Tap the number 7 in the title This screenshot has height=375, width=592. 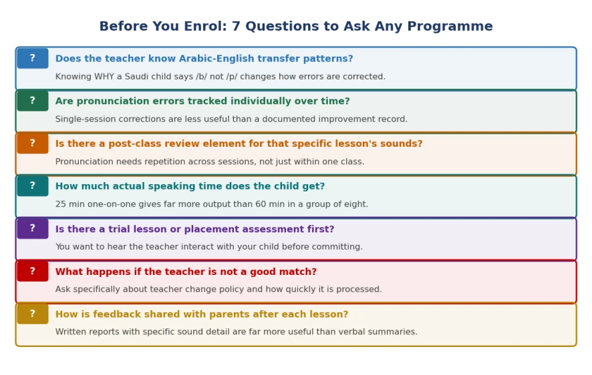(x=236, y=26)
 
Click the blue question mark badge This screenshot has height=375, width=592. (x=33, y=58)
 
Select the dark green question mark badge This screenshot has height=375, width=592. (x=33, y=101)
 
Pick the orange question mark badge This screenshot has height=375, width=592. (x=33, y=143)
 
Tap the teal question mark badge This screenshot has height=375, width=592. (x=33, y=185)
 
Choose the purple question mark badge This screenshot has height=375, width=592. (x=33, y=228)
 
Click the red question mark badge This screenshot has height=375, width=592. (x=33, y=271)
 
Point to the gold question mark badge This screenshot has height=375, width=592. (x=33, y=314)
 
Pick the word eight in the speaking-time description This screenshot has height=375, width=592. (x=357, y=204)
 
